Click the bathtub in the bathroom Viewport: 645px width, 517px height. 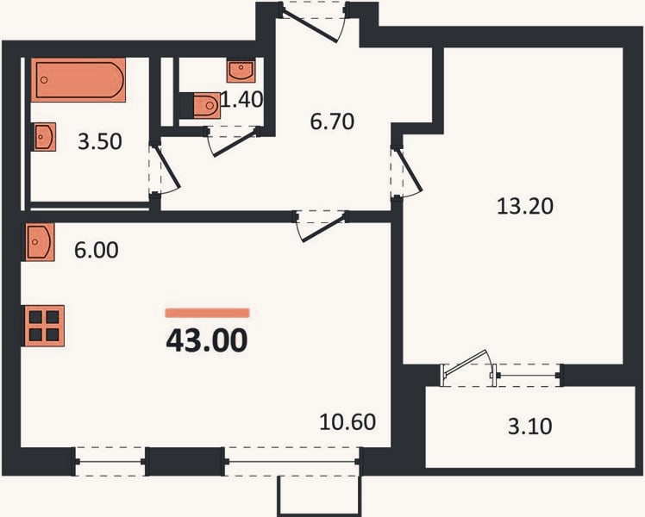click(78, 80)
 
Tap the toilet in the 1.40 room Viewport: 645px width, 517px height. click(205, 105)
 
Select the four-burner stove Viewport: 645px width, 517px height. click(44, 326)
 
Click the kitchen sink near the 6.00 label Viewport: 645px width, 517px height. click(40, 241)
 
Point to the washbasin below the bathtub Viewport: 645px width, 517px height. click(45, 137)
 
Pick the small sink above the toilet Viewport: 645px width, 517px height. click(241, 71)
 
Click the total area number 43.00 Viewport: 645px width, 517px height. click(206, 340)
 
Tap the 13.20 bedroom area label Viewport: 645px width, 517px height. click(525, 206)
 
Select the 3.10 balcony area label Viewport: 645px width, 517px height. click(529, 427)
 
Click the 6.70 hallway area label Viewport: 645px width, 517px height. click(332, 121)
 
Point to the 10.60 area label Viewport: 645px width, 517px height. click(348, 422)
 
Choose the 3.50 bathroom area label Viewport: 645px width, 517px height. click(100, 142)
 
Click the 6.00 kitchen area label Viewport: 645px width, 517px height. click(97, 250)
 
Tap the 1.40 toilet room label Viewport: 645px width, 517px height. click(241, 99)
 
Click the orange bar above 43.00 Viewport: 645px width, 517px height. click(207, 313)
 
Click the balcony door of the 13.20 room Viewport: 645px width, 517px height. click(469, 369)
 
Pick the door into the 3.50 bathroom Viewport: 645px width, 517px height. click(164, 169)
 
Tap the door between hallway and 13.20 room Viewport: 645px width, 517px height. click(406, 173)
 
